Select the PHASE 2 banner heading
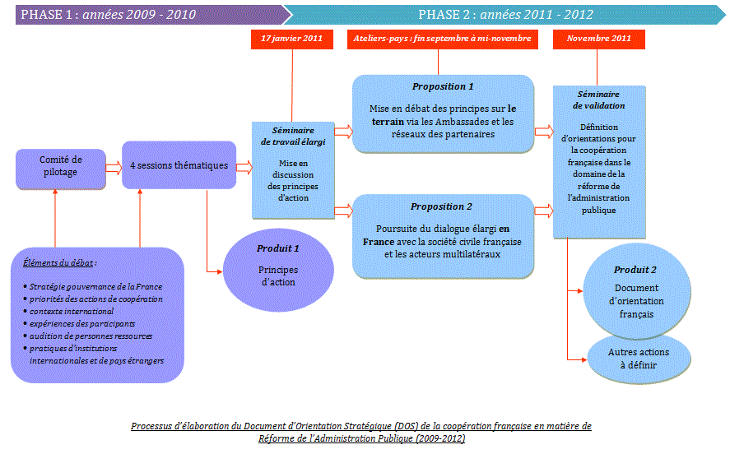coord(505,15)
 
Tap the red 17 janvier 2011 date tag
coord(292,39)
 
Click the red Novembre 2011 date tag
coord(599,39)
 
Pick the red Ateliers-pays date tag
coord(442,39)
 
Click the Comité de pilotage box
coord(60,166)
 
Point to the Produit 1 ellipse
coord(278,266)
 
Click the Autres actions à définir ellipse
coord(638,358)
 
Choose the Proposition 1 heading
coord(443,86)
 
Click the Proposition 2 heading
coord(443,206)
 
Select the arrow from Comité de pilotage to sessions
coord(114,167)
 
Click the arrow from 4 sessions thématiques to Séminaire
coord(244,167)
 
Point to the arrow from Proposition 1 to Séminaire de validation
coord(543,131)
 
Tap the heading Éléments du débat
coord(60,263)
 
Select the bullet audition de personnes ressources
coord(91,336)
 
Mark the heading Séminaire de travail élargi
coord(292,137)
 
